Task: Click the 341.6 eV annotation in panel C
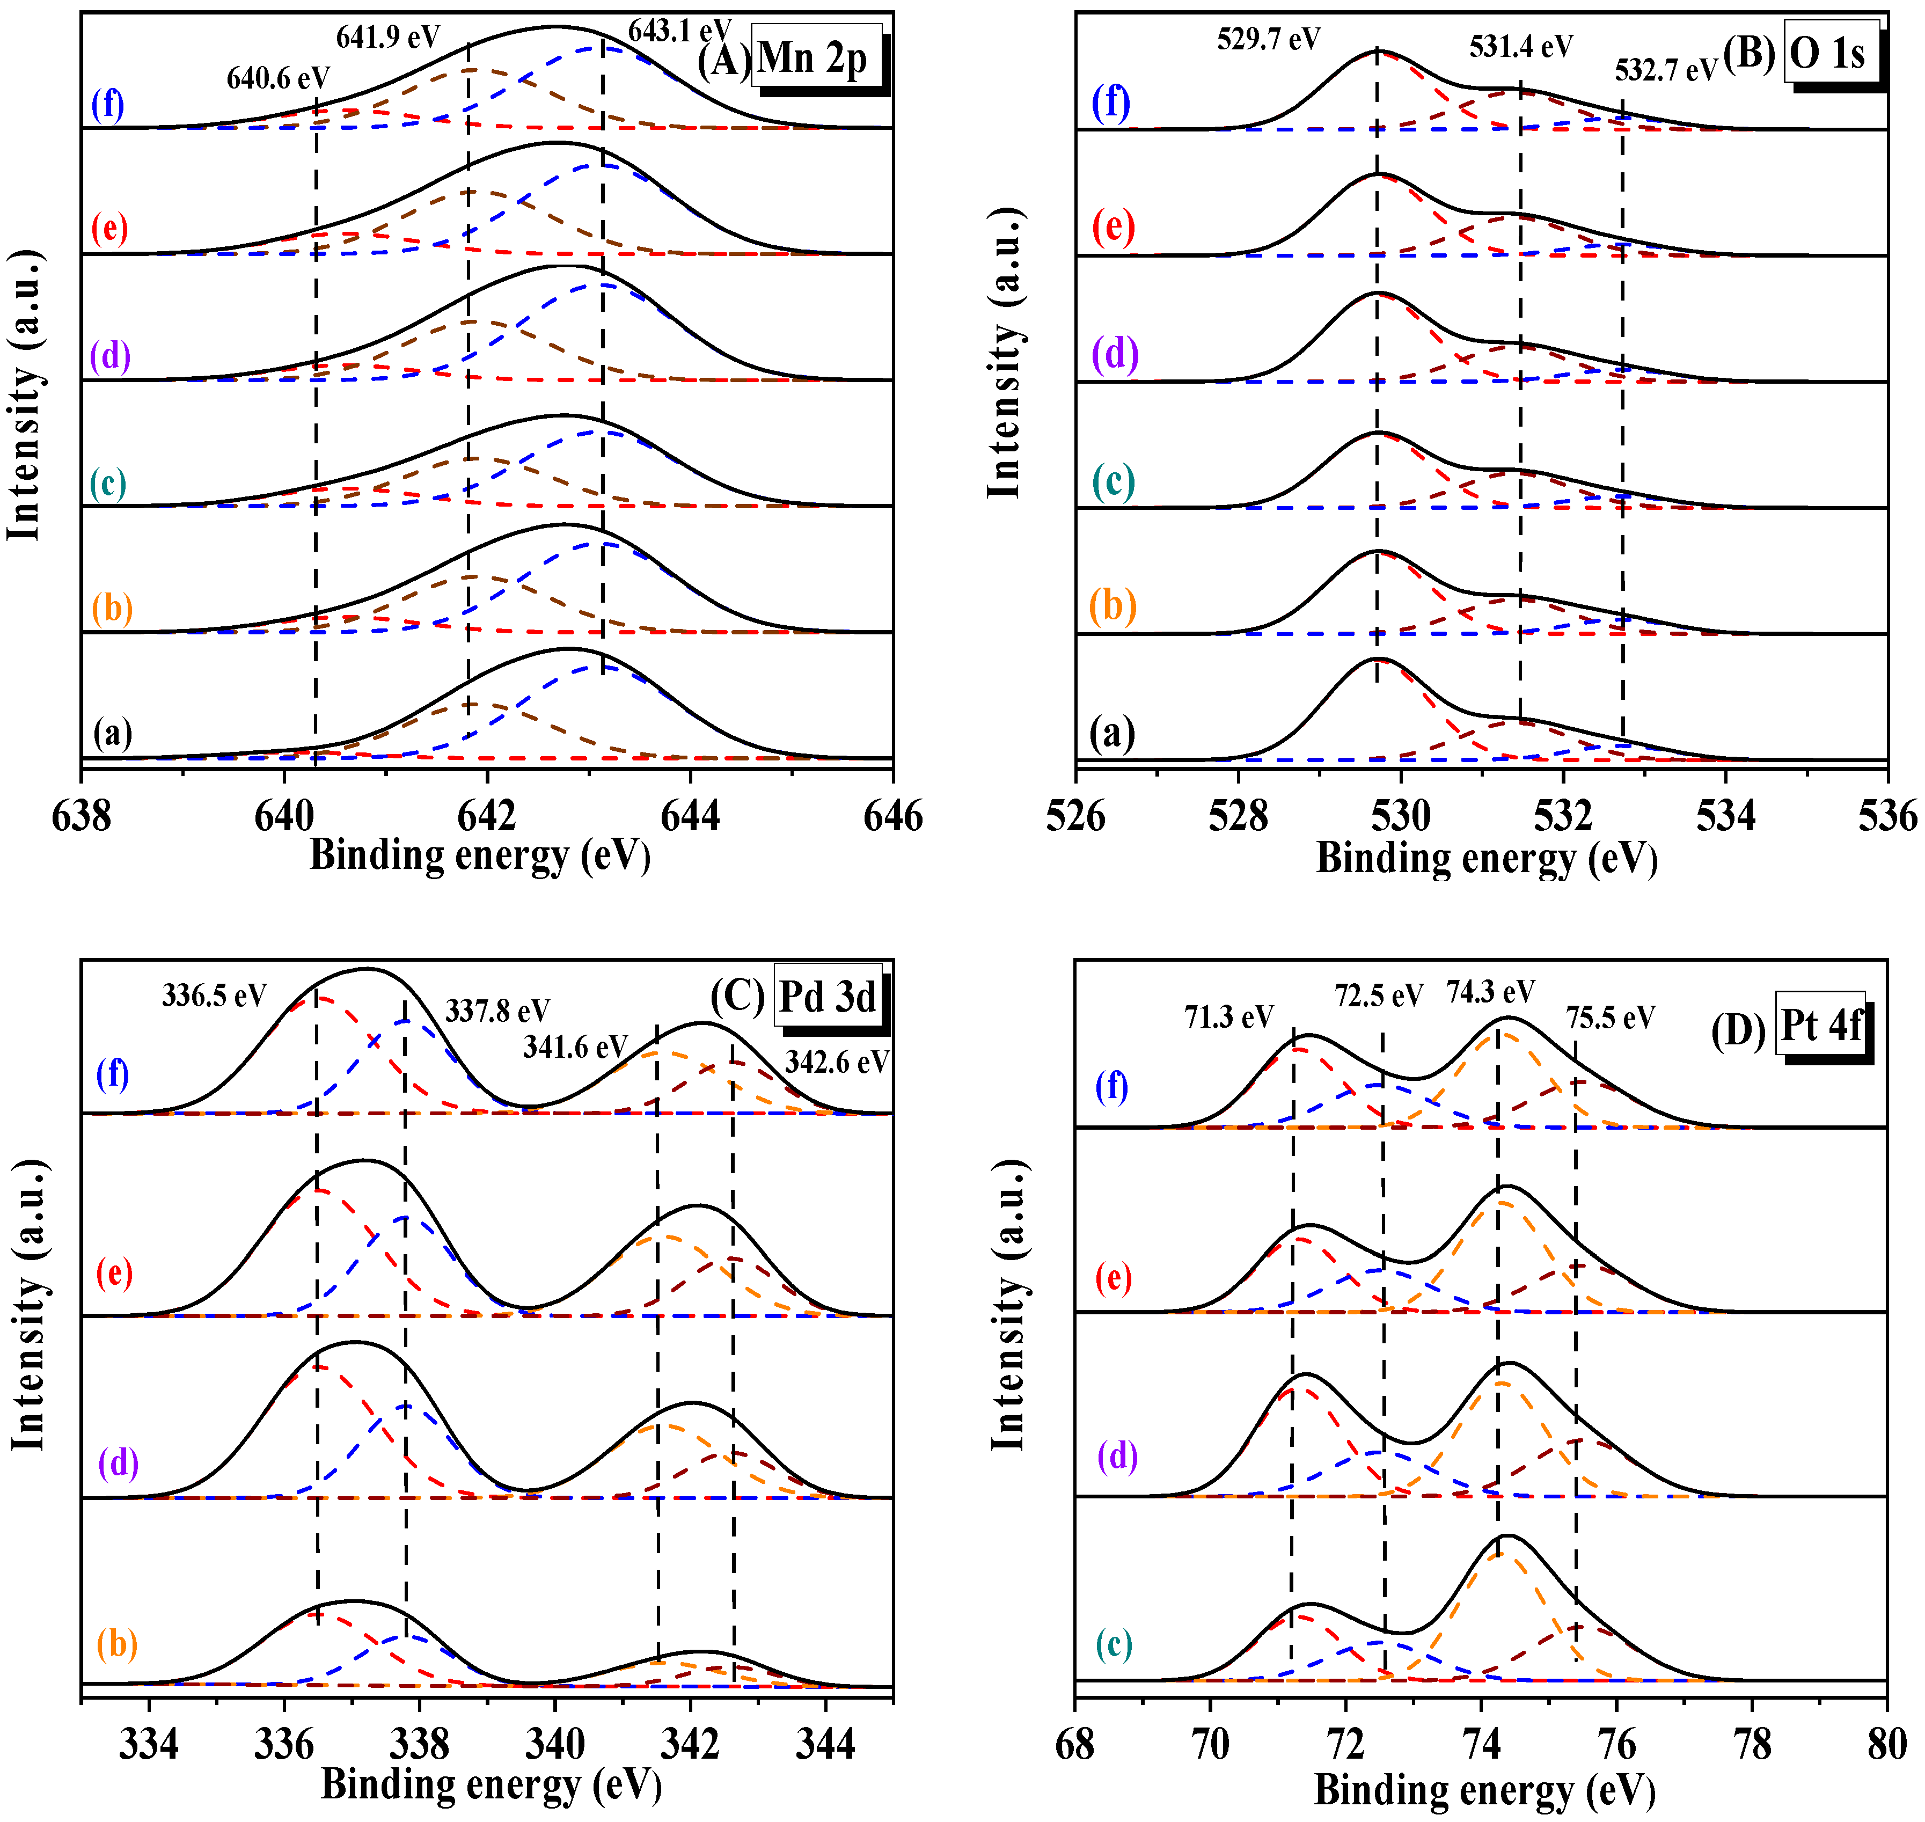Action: click(575, 1047)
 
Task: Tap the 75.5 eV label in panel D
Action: click(1611, 1018)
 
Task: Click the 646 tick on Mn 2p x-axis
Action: click(892, 817)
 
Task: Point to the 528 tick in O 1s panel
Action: click(1238, 817)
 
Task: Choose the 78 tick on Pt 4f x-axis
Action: click(1751, 1745)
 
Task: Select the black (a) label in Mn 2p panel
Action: click(113, 733)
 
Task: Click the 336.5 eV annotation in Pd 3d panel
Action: click(214, 996)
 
